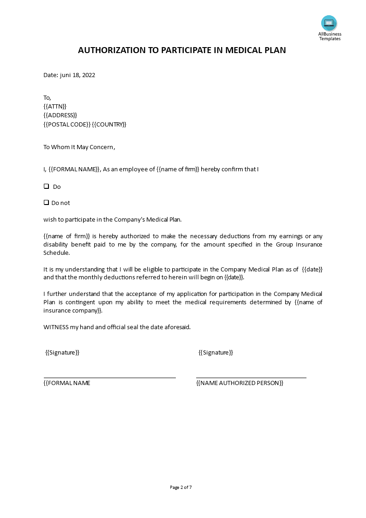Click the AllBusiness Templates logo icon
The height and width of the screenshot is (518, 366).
(x=329, y=23)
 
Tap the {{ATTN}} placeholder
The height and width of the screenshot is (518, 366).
(x=55, y=106)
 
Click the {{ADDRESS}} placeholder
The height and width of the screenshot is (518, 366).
(x=60, y=115)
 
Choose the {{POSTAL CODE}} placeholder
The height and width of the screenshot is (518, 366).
(x=66, y=125)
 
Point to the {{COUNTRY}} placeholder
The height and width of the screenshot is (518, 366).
(x=109, y=125)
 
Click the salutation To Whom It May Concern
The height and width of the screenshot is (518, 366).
(x=79, y=147)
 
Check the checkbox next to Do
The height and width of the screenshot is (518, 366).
(x=46, y=187)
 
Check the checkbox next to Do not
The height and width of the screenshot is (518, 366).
(x=46, y=203)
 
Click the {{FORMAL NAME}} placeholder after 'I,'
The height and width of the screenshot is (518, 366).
(x=74, y=169)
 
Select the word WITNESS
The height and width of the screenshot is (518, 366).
(x=56, y=327)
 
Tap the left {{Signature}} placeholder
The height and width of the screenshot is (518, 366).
(x=62, y=353)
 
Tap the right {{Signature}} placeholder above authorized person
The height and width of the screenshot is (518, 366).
(x=216, y=353)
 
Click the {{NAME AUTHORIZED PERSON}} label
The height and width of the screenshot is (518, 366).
(x=240, y=383)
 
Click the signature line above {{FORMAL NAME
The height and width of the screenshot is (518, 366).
(x=109, y=378)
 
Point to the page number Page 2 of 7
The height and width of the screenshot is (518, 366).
(x=181, y=487)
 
